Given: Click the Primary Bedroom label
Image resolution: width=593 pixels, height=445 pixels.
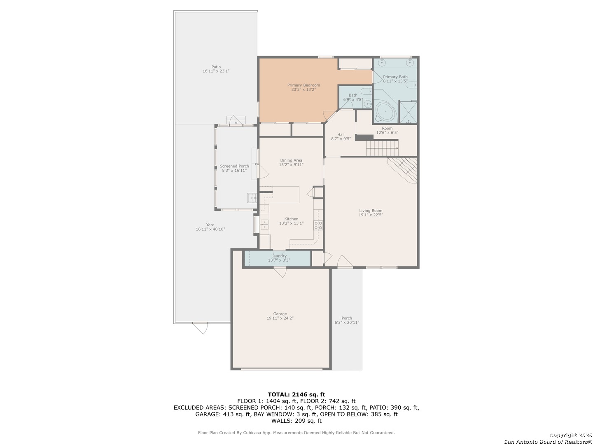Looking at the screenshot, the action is (304, 85).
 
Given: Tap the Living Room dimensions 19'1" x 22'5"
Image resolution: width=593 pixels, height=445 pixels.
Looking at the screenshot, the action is (370, 215).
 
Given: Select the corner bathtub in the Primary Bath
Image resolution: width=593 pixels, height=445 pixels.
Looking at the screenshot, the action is (385, 111).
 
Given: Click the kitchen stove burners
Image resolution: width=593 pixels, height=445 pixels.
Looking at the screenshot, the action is (318, 225).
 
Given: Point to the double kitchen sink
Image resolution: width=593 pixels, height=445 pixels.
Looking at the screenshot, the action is (264, 225).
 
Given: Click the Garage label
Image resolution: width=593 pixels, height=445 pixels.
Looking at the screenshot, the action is (280, 314).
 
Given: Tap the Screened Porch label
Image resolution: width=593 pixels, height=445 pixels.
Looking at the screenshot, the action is (234, 166).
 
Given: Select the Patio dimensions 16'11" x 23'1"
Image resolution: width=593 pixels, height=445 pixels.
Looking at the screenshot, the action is (216, 71).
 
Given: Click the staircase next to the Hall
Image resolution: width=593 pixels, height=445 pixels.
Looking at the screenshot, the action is (382, 148).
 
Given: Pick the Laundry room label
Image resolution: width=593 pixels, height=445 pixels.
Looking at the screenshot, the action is (279, 256).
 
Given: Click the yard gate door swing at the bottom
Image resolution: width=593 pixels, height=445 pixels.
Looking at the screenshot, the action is (201, 328).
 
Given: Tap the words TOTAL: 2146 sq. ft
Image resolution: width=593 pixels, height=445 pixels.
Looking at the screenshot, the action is (296, 394).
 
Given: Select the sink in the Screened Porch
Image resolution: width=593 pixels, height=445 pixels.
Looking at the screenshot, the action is (252, 198).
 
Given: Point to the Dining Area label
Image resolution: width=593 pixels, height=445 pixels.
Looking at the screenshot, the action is (291, 160).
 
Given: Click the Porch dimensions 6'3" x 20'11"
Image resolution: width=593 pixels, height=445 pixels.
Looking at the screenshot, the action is (347, 322).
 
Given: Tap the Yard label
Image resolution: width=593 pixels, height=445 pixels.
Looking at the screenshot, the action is (210, 225).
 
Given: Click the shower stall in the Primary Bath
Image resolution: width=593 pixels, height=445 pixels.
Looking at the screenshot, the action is (408, 112).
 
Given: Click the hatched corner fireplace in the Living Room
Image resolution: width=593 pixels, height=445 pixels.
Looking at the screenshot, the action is (404, 169).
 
